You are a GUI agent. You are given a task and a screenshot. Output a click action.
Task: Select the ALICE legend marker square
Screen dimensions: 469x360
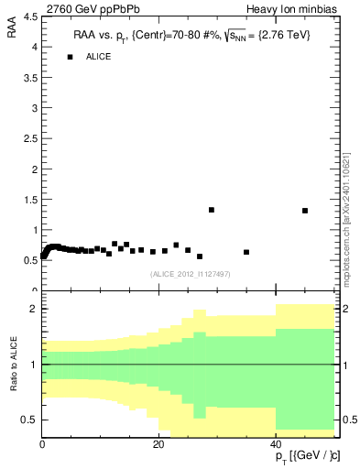coord(70,57)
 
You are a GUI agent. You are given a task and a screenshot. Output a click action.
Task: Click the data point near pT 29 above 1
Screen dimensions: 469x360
coord(212,210)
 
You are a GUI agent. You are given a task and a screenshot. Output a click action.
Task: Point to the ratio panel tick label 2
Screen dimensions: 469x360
coord(33,309)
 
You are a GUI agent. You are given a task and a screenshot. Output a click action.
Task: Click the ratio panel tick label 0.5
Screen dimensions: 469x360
coord(29,420)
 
